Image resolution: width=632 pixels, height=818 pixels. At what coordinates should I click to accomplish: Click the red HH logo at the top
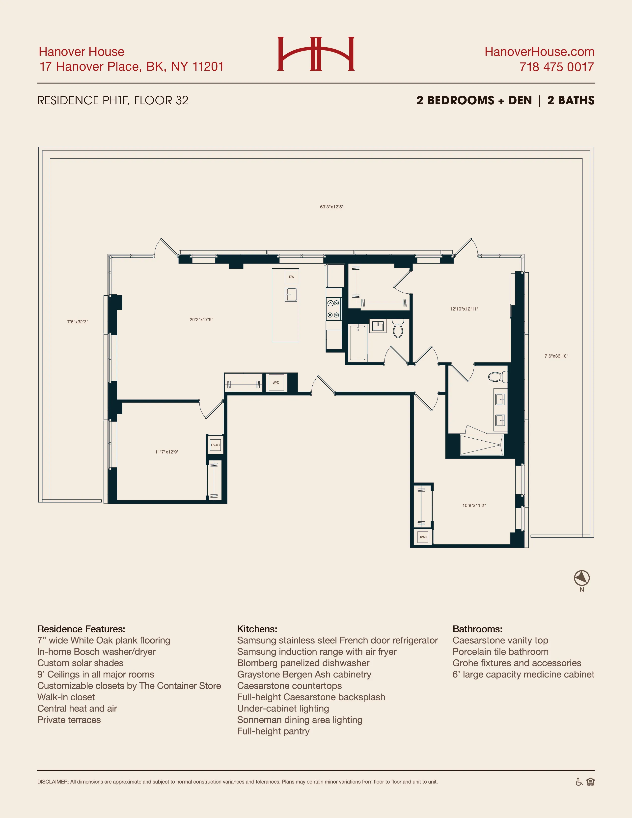click(x=316, y=54)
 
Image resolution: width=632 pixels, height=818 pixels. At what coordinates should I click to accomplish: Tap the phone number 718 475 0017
click(x=556, y=67)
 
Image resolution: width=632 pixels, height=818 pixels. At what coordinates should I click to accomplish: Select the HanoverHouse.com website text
click(x=539, y=52)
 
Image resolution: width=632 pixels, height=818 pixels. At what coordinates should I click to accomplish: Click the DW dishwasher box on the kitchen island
click(x=292, y=277)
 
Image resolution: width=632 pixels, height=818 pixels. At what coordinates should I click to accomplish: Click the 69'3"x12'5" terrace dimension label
click(x=331, y=207)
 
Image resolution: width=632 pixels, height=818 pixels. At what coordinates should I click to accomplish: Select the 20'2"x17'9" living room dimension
click(x=201, y=319)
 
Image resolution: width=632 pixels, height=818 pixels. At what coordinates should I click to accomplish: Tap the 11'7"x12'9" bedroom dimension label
click(x=167, y=452)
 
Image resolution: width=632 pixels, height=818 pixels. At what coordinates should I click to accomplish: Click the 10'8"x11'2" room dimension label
click(x=474, y=505)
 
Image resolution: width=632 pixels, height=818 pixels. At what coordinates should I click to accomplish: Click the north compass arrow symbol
click(x=581, y=578)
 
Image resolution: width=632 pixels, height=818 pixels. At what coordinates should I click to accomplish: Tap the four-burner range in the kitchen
click(x=333, y=309)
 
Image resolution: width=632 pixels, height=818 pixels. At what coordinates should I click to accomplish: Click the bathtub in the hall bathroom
click(x=357, y=343)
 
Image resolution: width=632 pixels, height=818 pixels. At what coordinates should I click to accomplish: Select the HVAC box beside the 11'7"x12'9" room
click(x=215, y=445)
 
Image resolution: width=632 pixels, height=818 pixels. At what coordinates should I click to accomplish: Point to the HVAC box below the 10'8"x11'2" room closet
click(x=423, y=537)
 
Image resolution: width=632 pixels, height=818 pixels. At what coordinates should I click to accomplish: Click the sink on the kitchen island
click(x=291, y=294)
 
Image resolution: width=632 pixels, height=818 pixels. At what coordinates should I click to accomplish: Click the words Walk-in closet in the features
click(x=66, y=697)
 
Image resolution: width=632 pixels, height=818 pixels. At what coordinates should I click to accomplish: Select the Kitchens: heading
click(x=257, y=629)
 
